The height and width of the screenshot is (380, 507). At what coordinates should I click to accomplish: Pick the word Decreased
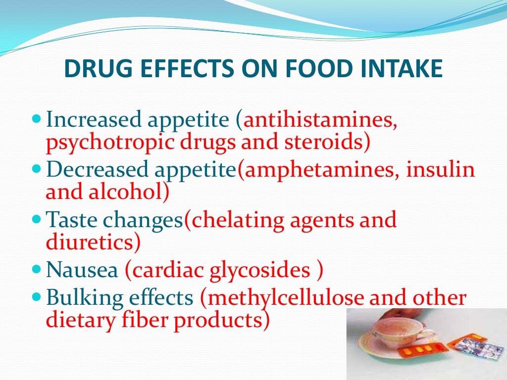coord(98,170)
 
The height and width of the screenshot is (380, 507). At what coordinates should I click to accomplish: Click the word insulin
coord(441,170)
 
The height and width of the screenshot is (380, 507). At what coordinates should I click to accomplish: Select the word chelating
coord(238,220)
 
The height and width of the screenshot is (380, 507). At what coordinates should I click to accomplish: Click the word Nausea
coord(82,270)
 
